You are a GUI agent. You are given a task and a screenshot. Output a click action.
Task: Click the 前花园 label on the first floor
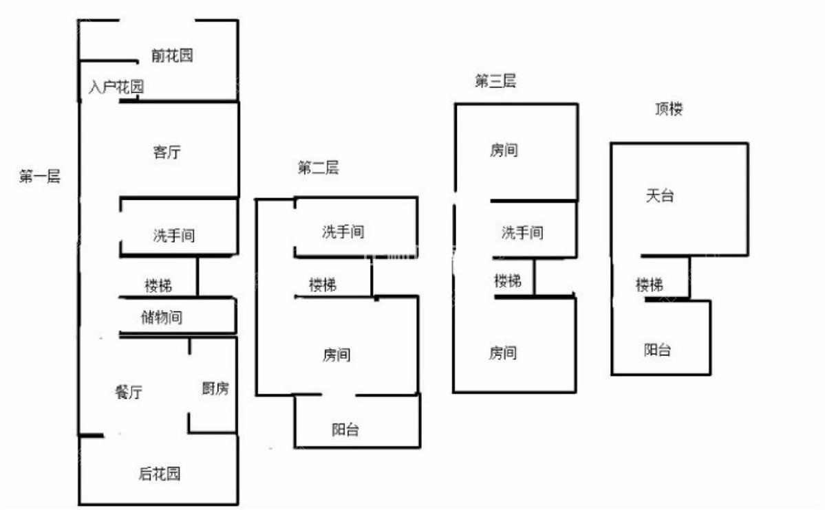coord(171,55)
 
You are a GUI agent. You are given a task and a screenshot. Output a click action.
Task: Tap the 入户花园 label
coord(116,86)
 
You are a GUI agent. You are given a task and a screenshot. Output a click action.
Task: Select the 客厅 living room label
coord(167,152)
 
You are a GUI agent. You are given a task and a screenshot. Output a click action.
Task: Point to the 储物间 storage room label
coord(162,317)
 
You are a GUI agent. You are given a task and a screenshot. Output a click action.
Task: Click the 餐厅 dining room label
coord(129,392)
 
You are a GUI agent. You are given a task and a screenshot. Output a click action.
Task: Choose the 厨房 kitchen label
coord(215,388)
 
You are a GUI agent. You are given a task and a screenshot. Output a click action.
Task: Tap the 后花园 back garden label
coord(160,474)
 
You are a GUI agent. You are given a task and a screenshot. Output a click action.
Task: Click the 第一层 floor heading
coord(39,176)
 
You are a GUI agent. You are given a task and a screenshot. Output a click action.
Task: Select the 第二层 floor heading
coord(319,168)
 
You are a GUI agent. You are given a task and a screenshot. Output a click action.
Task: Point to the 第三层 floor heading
coord(495,81)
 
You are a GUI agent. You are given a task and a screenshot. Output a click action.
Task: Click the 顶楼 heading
coord(669,109)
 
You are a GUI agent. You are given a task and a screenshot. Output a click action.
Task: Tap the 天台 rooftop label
coord(660,196)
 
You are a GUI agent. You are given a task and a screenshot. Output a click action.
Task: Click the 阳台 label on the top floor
coord(657,350)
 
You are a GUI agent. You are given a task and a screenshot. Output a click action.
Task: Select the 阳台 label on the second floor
coord(345,430)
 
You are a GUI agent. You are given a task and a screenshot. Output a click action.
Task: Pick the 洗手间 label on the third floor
coord(522,232)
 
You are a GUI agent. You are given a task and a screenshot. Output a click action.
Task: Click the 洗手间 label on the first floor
coord(173,235)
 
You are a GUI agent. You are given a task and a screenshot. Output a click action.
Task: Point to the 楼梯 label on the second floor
coord(323,285)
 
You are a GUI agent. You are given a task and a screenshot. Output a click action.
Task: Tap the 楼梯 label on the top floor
coord(650,285)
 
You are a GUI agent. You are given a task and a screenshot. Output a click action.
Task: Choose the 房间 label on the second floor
coord(336,355)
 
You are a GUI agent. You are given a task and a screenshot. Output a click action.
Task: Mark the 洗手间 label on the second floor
coord(343,232)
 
